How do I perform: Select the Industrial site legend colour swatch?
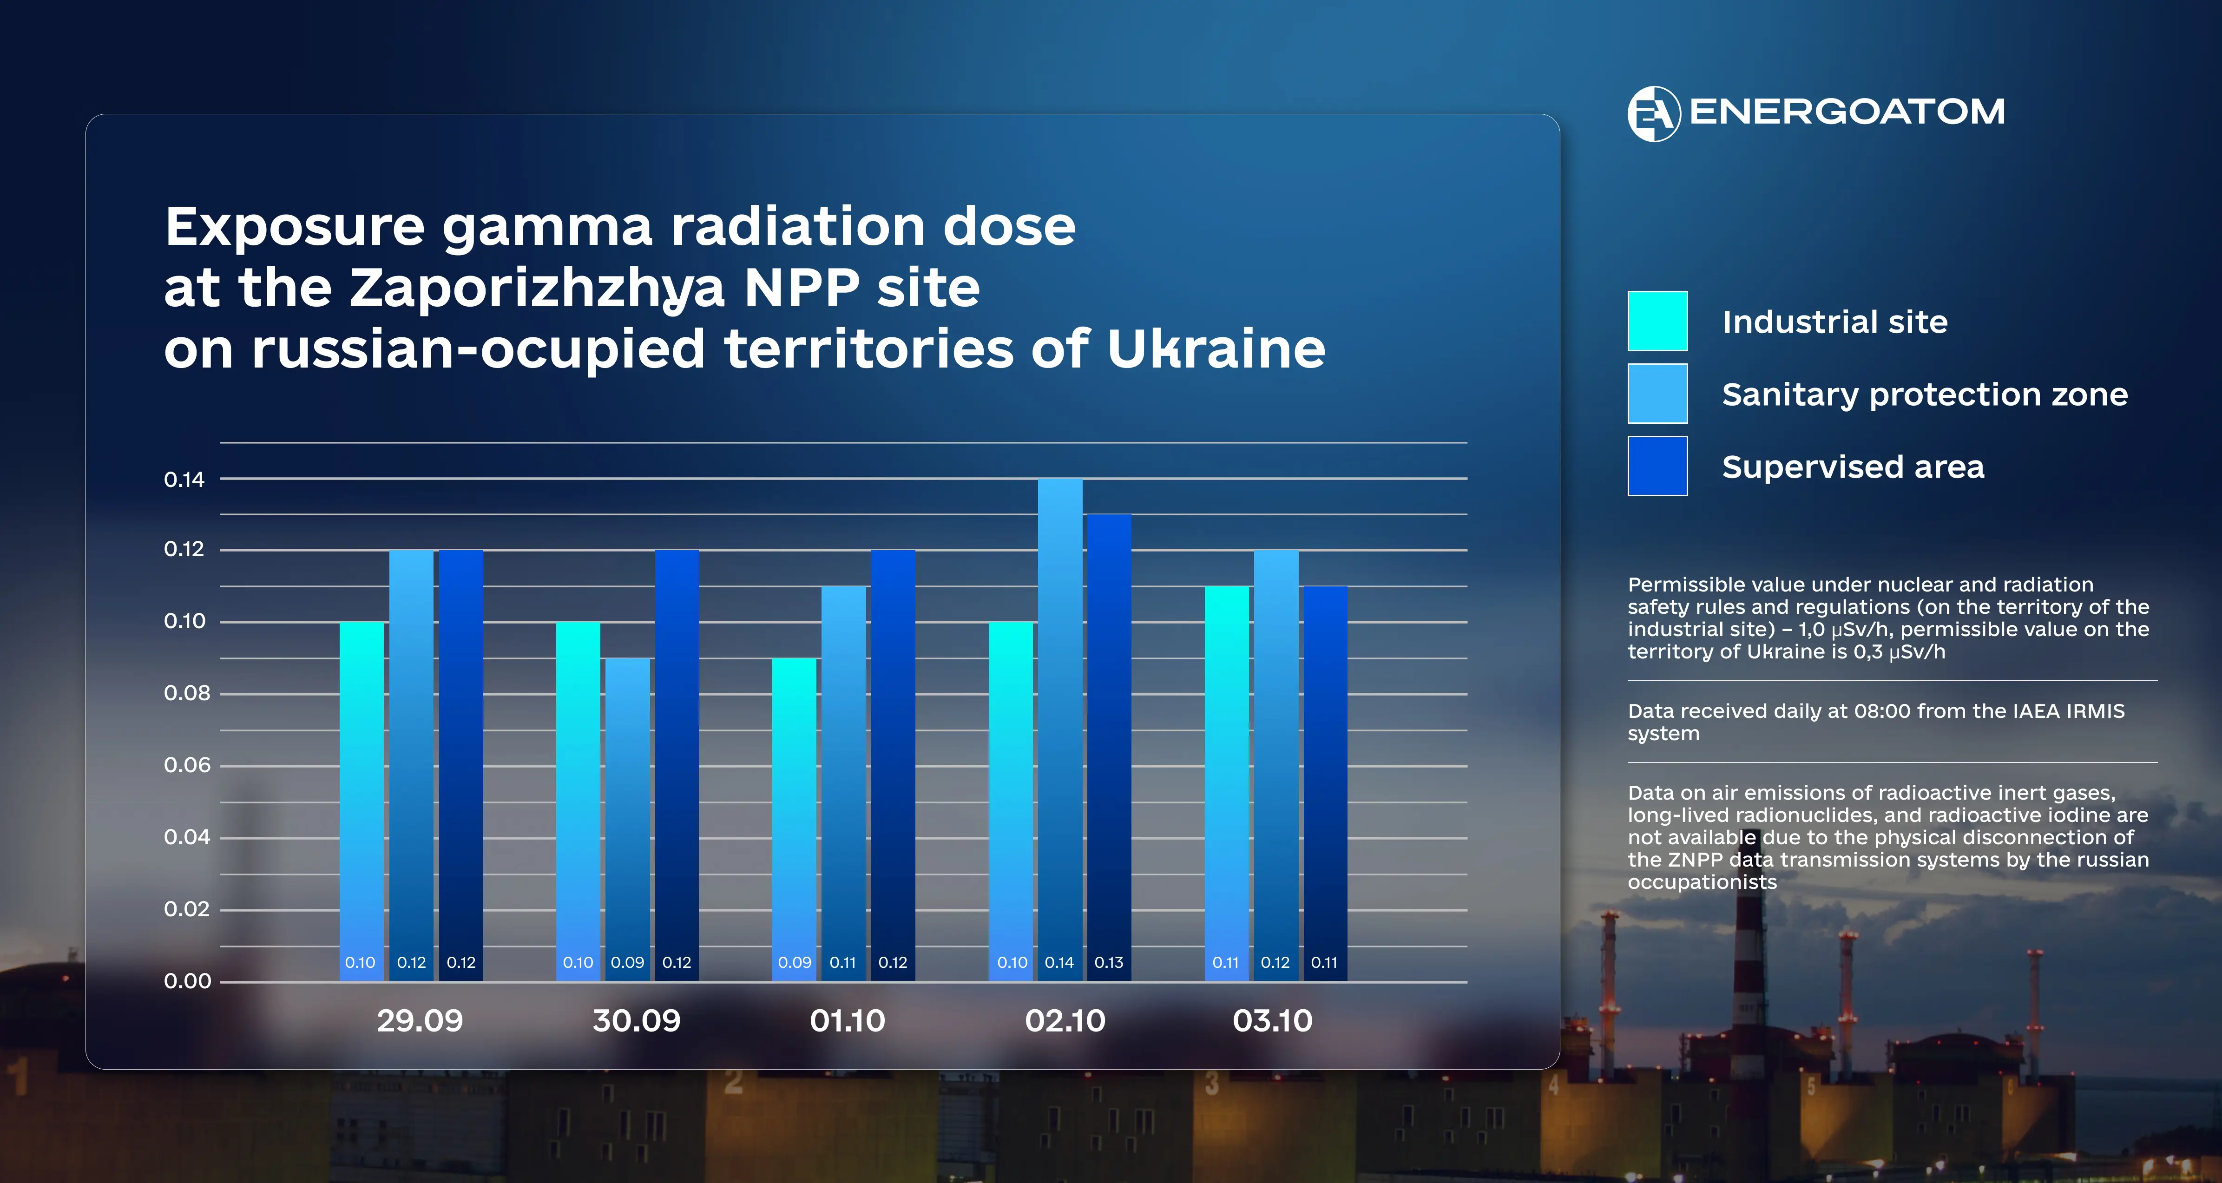(1657, 321)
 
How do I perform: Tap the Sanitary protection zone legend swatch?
(1657, 394)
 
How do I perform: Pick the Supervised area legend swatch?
(1657, 466)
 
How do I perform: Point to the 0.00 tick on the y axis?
(187, 981)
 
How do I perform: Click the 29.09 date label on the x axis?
(420, 1021)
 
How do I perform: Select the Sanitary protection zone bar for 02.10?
(1059, 725)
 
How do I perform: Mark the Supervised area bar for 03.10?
(1324, 776)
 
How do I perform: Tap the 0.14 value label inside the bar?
(1059, 962)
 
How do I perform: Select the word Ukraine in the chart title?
(1216, 349)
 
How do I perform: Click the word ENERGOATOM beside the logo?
(1847, 112)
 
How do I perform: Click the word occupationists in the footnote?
(1702, 882)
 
